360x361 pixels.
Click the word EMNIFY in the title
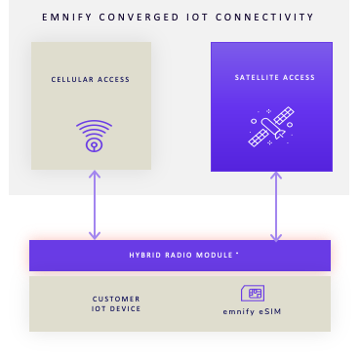point(67,17)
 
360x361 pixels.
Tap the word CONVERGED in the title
point(139,17)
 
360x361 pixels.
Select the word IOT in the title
point(197,17)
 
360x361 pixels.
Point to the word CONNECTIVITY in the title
point(264,17)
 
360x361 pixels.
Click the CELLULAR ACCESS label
point(91,79)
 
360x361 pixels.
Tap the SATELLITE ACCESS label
point(275,77)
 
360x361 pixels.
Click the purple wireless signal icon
point(94,136)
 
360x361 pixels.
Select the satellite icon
point(271,127)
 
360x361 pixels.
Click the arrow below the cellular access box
point(95,205)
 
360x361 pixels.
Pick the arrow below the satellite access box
point(276,207)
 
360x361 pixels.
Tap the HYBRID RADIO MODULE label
point(181,255)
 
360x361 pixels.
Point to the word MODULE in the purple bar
point(215,255)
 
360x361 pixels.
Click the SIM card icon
point(253,293)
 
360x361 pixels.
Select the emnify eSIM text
point(252,311)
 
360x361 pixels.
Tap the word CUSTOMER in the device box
point(116,299)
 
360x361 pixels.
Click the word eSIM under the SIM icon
point(270,311)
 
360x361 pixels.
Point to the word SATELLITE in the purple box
point(256,77)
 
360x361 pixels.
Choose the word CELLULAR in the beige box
point(72,79)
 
